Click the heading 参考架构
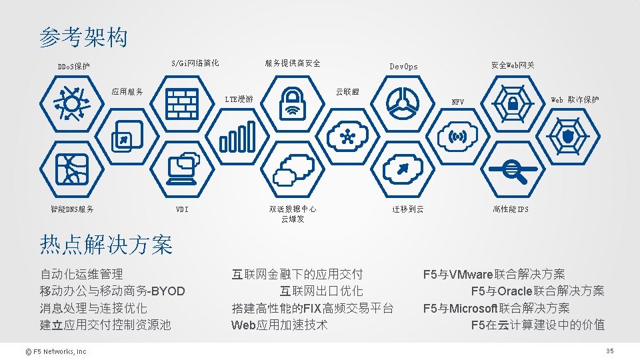coord(83,37)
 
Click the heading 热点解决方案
coord(106,245)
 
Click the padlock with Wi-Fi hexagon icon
coord(291,103)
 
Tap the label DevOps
coord(403,67)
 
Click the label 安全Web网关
coord(512,65)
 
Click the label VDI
coord(182,209)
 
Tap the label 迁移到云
coord(407,209)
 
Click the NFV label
coord(458,102)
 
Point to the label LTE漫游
coord(239,99)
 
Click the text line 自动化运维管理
coord(81,274)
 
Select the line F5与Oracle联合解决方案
coord(537,291)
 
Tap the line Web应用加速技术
coord(279,325)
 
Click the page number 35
coord(609,351)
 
